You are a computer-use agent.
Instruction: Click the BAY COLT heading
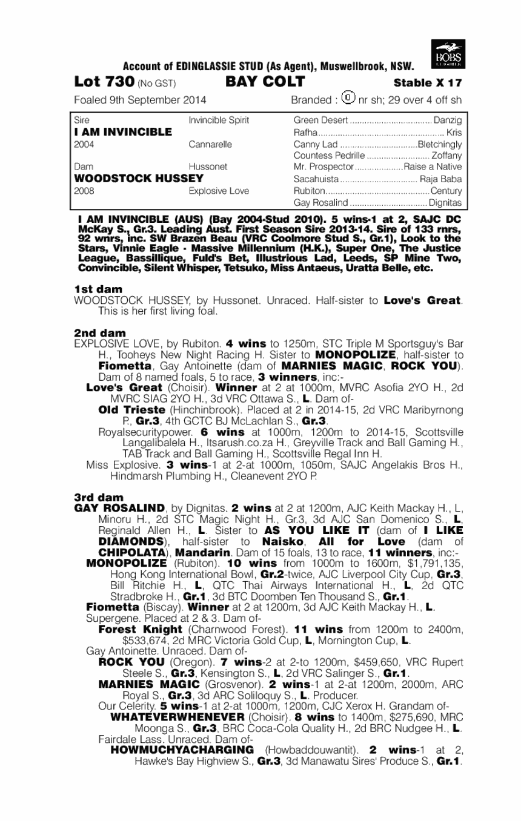[265, 82]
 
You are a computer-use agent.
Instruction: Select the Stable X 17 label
[428, 83]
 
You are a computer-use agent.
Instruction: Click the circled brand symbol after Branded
[349, 97]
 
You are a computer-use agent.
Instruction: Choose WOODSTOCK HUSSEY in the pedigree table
[138, 179]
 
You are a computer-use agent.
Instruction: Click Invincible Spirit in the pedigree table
[219, 120]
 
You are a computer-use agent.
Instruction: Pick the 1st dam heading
[98, 289]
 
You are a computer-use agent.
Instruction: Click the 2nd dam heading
[100, 333]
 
